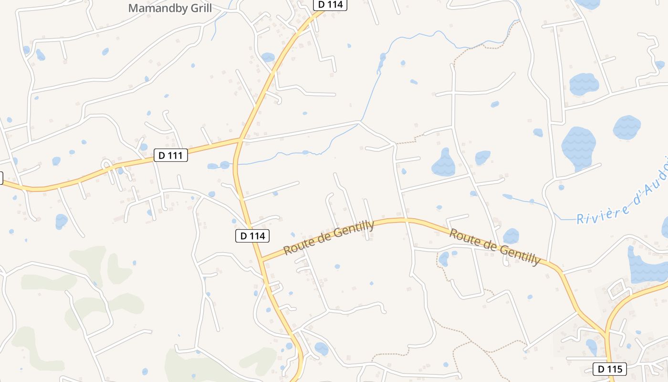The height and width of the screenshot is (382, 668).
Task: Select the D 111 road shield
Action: coord(170,155)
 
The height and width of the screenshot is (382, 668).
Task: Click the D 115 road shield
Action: coord(609,369)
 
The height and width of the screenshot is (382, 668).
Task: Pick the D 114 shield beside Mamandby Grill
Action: coord(330,5)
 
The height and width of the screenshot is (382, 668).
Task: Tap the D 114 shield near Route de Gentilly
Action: coord(252,235)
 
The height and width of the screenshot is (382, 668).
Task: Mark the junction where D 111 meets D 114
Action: coord(240,140)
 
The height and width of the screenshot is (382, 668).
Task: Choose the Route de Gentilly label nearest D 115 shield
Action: coord(495,246)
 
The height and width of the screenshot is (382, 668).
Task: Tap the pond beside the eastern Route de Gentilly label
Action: coord(511,235)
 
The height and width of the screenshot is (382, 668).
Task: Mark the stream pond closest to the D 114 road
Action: coord(224,165)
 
